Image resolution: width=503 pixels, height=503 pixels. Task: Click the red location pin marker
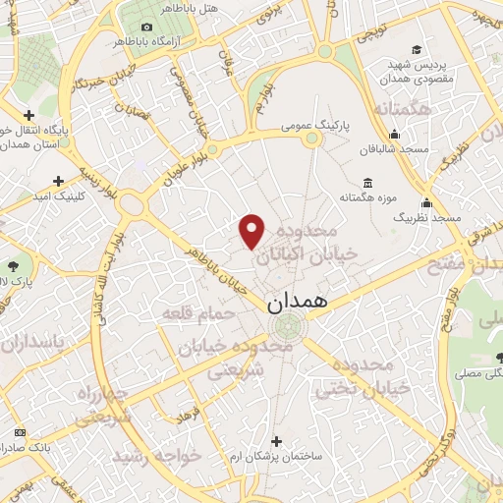coord(252,231)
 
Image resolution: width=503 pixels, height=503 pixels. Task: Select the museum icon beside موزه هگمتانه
coord(367,183)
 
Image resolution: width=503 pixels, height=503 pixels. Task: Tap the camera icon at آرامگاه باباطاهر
coord(147,27)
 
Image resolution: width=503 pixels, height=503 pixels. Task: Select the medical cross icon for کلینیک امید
coord(59,182)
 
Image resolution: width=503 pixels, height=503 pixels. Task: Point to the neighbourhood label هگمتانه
coord(410,110)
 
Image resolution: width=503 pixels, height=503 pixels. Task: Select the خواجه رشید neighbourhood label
coord(155,456)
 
